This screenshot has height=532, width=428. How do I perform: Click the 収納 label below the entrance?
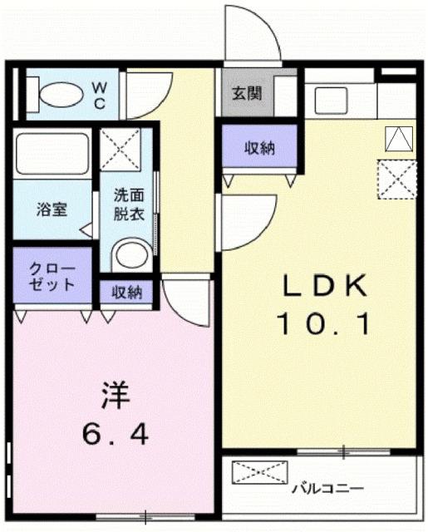[258, 150]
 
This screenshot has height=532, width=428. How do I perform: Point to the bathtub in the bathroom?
[52, 154]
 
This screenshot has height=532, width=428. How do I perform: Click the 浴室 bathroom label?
[51, 209]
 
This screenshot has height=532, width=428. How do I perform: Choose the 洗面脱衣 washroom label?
[129, 204]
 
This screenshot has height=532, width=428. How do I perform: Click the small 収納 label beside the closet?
[126, 292]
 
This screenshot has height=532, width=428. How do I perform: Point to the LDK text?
[325, 286]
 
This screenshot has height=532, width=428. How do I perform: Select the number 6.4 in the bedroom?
[116, 433]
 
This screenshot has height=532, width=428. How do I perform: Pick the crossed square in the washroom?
[121, 150]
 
